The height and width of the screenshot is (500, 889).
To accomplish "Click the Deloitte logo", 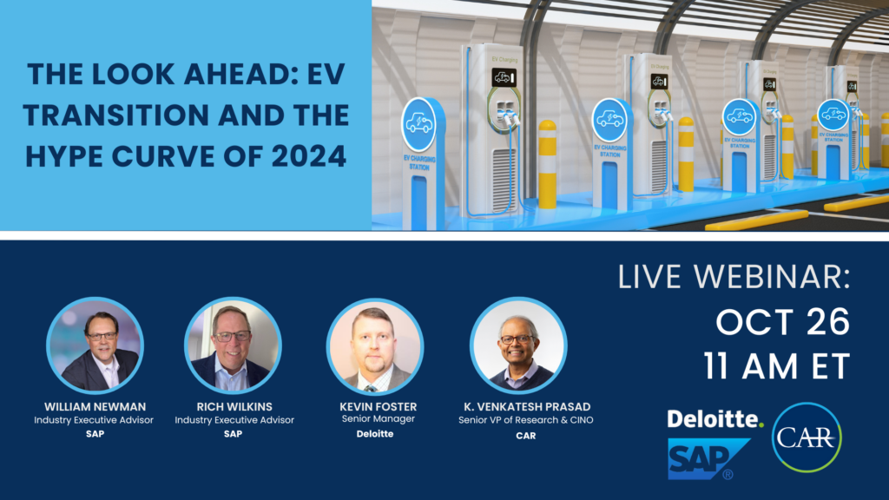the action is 715,419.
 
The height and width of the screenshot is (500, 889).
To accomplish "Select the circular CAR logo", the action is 807,437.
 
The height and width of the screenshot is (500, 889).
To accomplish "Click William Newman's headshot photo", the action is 95,345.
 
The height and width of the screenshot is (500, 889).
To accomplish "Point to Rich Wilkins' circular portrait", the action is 233,345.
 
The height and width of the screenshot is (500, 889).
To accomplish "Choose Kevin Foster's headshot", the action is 375,346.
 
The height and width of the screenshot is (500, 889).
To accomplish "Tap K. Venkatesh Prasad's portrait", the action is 518,345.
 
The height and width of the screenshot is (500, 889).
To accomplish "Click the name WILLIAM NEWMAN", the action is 95,406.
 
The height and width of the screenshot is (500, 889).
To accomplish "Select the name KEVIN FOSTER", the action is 379,406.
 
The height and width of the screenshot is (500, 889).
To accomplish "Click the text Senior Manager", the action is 379,419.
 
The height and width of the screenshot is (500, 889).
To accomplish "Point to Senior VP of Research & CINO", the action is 525,420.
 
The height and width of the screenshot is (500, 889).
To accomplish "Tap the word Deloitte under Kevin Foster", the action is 375,434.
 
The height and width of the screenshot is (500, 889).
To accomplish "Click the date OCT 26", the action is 782,322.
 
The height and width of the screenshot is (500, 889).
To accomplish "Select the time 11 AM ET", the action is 777,366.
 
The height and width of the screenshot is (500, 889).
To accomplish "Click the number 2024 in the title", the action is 309,156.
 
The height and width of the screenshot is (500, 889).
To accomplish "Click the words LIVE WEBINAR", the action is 734,277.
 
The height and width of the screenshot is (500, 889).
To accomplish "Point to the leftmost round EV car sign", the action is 419,125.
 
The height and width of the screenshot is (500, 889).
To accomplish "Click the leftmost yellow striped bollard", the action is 547,164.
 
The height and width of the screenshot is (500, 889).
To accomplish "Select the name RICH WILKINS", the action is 234,406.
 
